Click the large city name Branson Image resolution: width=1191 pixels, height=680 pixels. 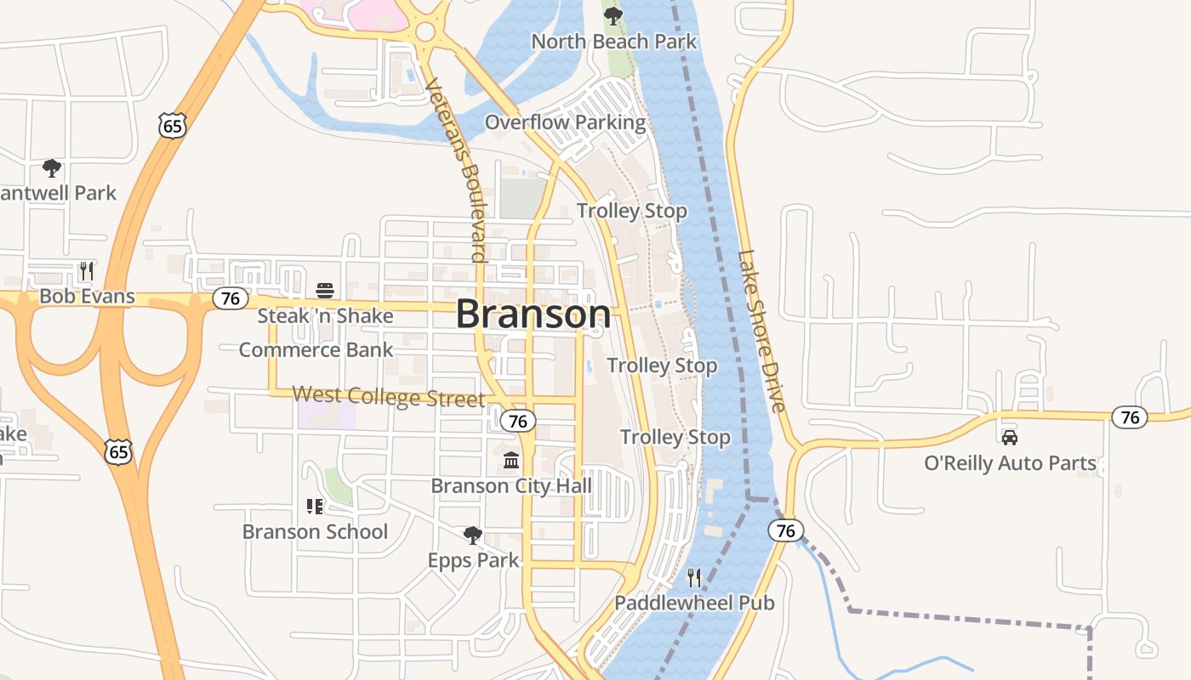click(533, 314)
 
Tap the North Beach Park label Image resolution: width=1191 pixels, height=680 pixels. click(613, 41)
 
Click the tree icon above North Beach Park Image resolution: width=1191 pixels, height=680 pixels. click(613, 15)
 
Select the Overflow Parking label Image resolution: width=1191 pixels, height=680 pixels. click(566, 122)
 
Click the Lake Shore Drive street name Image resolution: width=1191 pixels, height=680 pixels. click(762, 331)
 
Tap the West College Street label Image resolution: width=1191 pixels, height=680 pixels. click(389, 396)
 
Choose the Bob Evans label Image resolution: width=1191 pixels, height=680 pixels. click(88, 296)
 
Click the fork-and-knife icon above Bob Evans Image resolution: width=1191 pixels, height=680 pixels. click(86, 271)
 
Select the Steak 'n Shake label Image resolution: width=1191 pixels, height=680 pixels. click(326, 316)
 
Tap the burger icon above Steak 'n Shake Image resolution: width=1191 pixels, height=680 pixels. click(324, 291)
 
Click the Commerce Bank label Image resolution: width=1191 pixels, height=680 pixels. click(316, 349)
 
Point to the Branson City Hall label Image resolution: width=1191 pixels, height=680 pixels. click(511, 486)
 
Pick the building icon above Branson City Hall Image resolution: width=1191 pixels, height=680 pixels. click(511, 461)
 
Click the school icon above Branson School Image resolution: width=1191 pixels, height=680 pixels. click(315, 507)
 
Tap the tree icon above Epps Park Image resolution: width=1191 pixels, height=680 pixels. click(473, 535)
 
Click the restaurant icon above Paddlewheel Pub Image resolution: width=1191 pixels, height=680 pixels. click(694, 578)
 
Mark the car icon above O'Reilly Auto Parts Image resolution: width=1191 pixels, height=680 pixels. click(1010, 438)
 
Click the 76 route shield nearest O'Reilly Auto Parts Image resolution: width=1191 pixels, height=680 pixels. click(1130, 417)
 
